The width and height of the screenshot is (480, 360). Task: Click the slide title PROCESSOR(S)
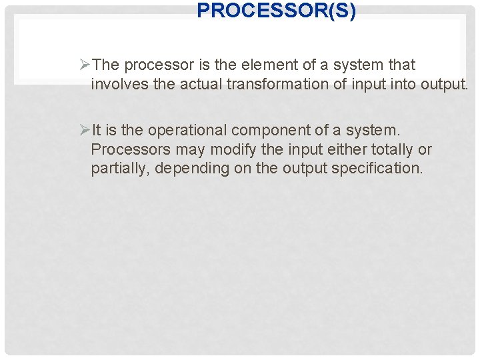click(x=276, y=11)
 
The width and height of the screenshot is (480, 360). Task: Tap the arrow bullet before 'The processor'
click(x=85, y=65)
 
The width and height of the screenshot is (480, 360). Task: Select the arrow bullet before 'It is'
click(x=85, y=129)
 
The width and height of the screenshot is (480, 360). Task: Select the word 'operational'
click(x=189, y=130)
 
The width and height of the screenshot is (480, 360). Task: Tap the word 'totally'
click(x=393, y=149)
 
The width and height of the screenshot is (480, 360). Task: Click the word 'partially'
click(x=121, y=169)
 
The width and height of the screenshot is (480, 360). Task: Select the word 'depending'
click(x=192, y=169)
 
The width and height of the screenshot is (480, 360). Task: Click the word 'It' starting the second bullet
click(x=97, y=129)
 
